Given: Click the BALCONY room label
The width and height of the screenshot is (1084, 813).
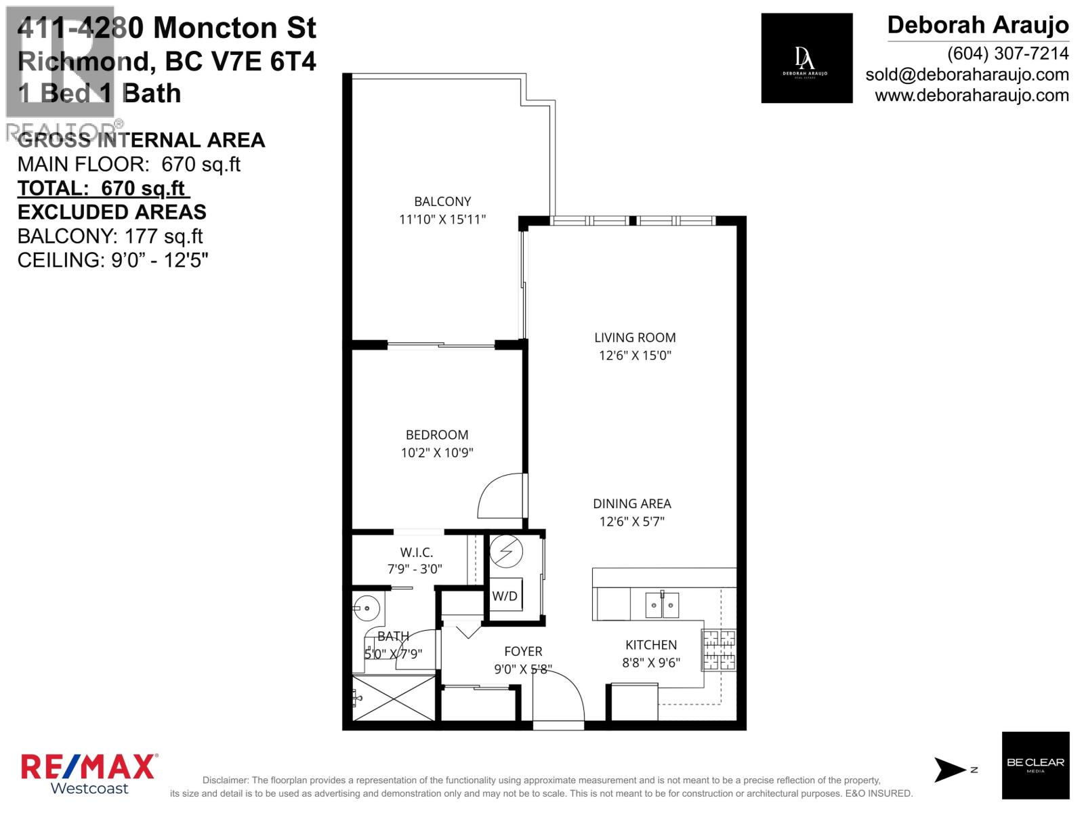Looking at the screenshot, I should [x=442, y=201].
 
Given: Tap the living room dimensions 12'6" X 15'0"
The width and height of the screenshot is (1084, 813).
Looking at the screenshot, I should [x=634, y=355].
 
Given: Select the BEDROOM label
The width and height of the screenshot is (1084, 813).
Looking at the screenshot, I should [x=437, y=435].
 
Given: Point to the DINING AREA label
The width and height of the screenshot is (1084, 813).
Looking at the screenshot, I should [x=631, y=503].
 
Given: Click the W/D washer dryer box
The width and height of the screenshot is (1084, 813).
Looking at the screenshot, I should [x=505, y=596].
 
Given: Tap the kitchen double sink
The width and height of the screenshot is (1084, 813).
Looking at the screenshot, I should [x=661, y=604].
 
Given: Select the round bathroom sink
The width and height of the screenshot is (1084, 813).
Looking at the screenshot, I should [x=367, y=608].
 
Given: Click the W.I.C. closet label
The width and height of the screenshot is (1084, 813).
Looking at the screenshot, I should [x=416, y=553].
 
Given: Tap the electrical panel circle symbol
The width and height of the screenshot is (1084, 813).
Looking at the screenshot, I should [x=506, y=551].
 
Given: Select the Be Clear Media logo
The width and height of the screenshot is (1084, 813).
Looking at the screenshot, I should [x=1035, y=765].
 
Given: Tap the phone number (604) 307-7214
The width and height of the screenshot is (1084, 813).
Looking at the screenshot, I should [x=1007, y=53].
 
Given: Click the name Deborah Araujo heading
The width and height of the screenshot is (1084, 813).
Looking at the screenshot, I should [x=978, y=25].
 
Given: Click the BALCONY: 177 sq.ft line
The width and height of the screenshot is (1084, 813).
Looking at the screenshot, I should [x=110, y=236].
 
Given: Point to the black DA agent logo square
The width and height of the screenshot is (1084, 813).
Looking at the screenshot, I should [x=806, y=58].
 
